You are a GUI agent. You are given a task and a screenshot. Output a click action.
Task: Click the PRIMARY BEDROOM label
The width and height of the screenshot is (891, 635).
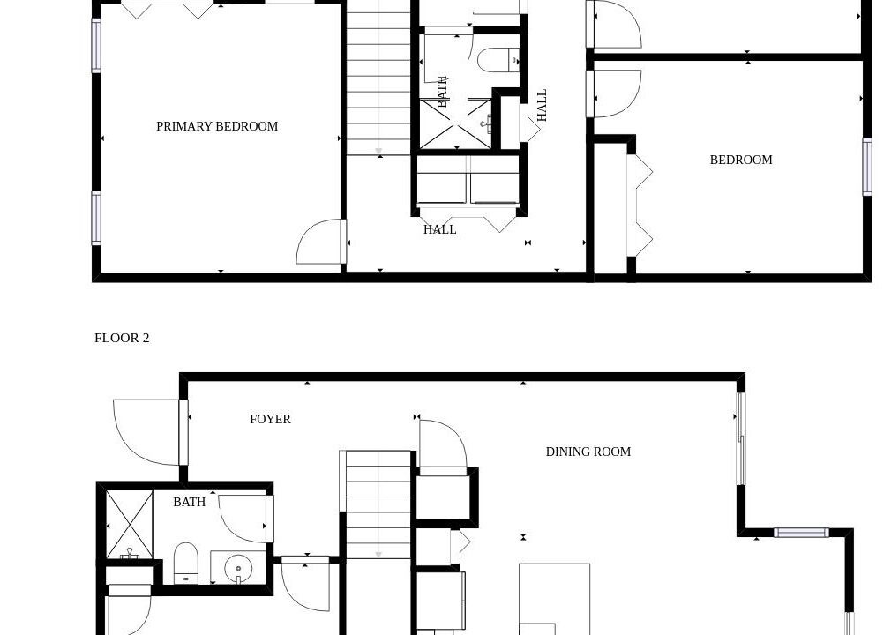217,126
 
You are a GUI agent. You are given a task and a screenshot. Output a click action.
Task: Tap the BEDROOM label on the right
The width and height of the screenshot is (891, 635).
741,160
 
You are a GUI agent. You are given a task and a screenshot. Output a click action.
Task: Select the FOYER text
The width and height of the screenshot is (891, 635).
271,419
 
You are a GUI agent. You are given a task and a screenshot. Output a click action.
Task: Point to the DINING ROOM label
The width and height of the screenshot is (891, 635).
588,452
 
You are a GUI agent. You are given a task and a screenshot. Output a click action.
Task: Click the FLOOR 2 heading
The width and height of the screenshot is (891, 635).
122,338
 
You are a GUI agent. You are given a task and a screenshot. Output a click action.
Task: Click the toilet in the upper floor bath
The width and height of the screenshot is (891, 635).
498,60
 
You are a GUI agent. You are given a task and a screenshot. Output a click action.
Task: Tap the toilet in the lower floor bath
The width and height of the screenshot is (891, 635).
185,564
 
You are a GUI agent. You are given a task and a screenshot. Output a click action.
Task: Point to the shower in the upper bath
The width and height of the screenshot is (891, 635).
456,123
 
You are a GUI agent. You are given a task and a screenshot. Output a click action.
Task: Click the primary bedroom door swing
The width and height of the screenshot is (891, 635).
320,242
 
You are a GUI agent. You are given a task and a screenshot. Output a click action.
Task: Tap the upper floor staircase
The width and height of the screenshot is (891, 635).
378,78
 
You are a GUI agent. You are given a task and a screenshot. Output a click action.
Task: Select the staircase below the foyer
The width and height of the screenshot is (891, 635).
378,504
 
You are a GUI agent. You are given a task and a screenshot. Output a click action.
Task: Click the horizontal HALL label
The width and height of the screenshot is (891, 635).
440,229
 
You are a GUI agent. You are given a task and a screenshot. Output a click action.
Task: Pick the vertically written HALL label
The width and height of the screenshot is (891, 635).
542,105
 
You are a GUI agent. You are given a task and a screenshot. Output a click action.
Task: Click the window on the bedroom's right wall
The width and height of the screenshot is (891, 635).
867,167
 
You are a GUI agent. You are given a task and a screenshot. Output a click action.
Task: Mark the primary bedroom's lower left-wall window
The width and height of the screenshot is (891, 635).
96,218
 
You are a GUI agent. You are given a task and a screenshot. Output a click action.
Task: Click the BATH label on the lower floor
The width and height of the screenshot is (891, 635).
189,502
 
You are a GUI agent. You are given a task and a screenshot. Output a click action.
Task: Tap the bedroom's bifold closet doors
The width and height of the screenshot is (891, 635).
640,205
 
